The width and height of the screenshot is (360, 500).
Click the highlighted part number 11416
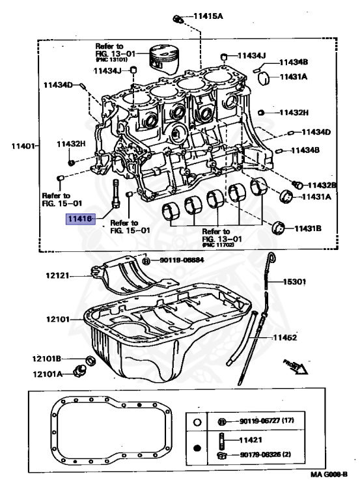pos(79,219)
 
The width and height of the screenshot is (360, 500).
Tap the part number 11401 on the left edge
pos(22,145)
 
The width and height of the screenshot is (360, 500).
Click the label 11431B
pos(308,229)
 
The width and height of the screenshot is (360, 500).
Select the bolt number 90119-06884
pos(178,260)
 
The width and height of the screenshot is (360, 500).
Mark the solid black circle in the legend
pos(197,449)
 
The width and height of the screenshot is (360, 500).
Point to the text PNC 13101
pos(111,60)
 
